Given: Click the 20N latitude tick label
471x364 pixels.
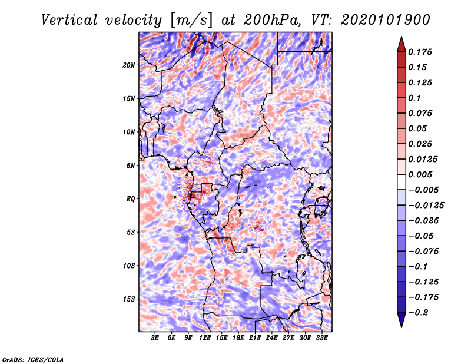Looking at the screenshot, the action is coord(129,65).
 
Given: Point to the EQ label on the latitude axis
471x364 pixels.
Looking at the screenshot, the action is coord(131,199).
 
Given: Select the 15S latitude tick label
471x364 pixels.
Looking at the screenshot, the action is coord(129,299).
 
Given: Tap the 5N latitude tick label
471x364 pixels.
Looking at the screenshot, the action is coord(131,166).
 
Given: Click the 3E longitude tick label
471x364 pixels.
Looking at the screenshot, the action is coord(155,337).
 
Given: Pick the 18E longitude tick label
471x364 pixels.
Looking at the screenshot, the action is coord(238,337).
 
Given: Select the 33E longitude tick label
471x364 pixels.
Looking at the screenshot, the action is coord(321,337).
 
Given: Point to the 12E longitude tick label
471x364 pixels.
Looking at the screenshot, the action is coord(205,337).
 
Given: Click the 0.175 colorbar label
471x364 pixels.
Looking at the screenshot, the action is coord(420,52).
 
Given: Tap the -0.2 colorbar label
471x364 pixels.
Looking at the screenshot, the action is coord(418,313).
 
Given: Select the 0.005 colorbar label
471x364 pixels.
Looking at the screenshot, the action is coord(420,174).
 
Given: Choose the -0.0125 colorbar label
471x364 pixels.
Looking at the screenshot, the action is coord(426,206).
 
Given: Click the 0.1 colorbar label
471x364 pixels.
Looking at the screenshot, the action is coord(414,98).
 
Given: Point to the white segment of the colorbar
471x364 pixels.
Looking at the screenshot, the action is coord(402,182).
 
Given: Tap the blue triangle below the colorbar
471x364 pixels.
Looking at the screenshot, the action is coord(402,319).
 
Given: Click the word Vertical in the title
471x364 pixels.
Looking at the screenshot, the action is coord(69,20).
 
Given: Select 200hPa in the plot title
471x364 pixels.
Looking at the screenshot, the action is coord(272,20).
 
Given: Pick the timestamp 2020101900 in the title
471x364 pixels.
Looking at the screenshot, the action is coord(386,20).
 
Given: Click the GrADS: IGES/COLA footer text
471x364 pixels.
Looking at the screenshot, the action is coord(33,359).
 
